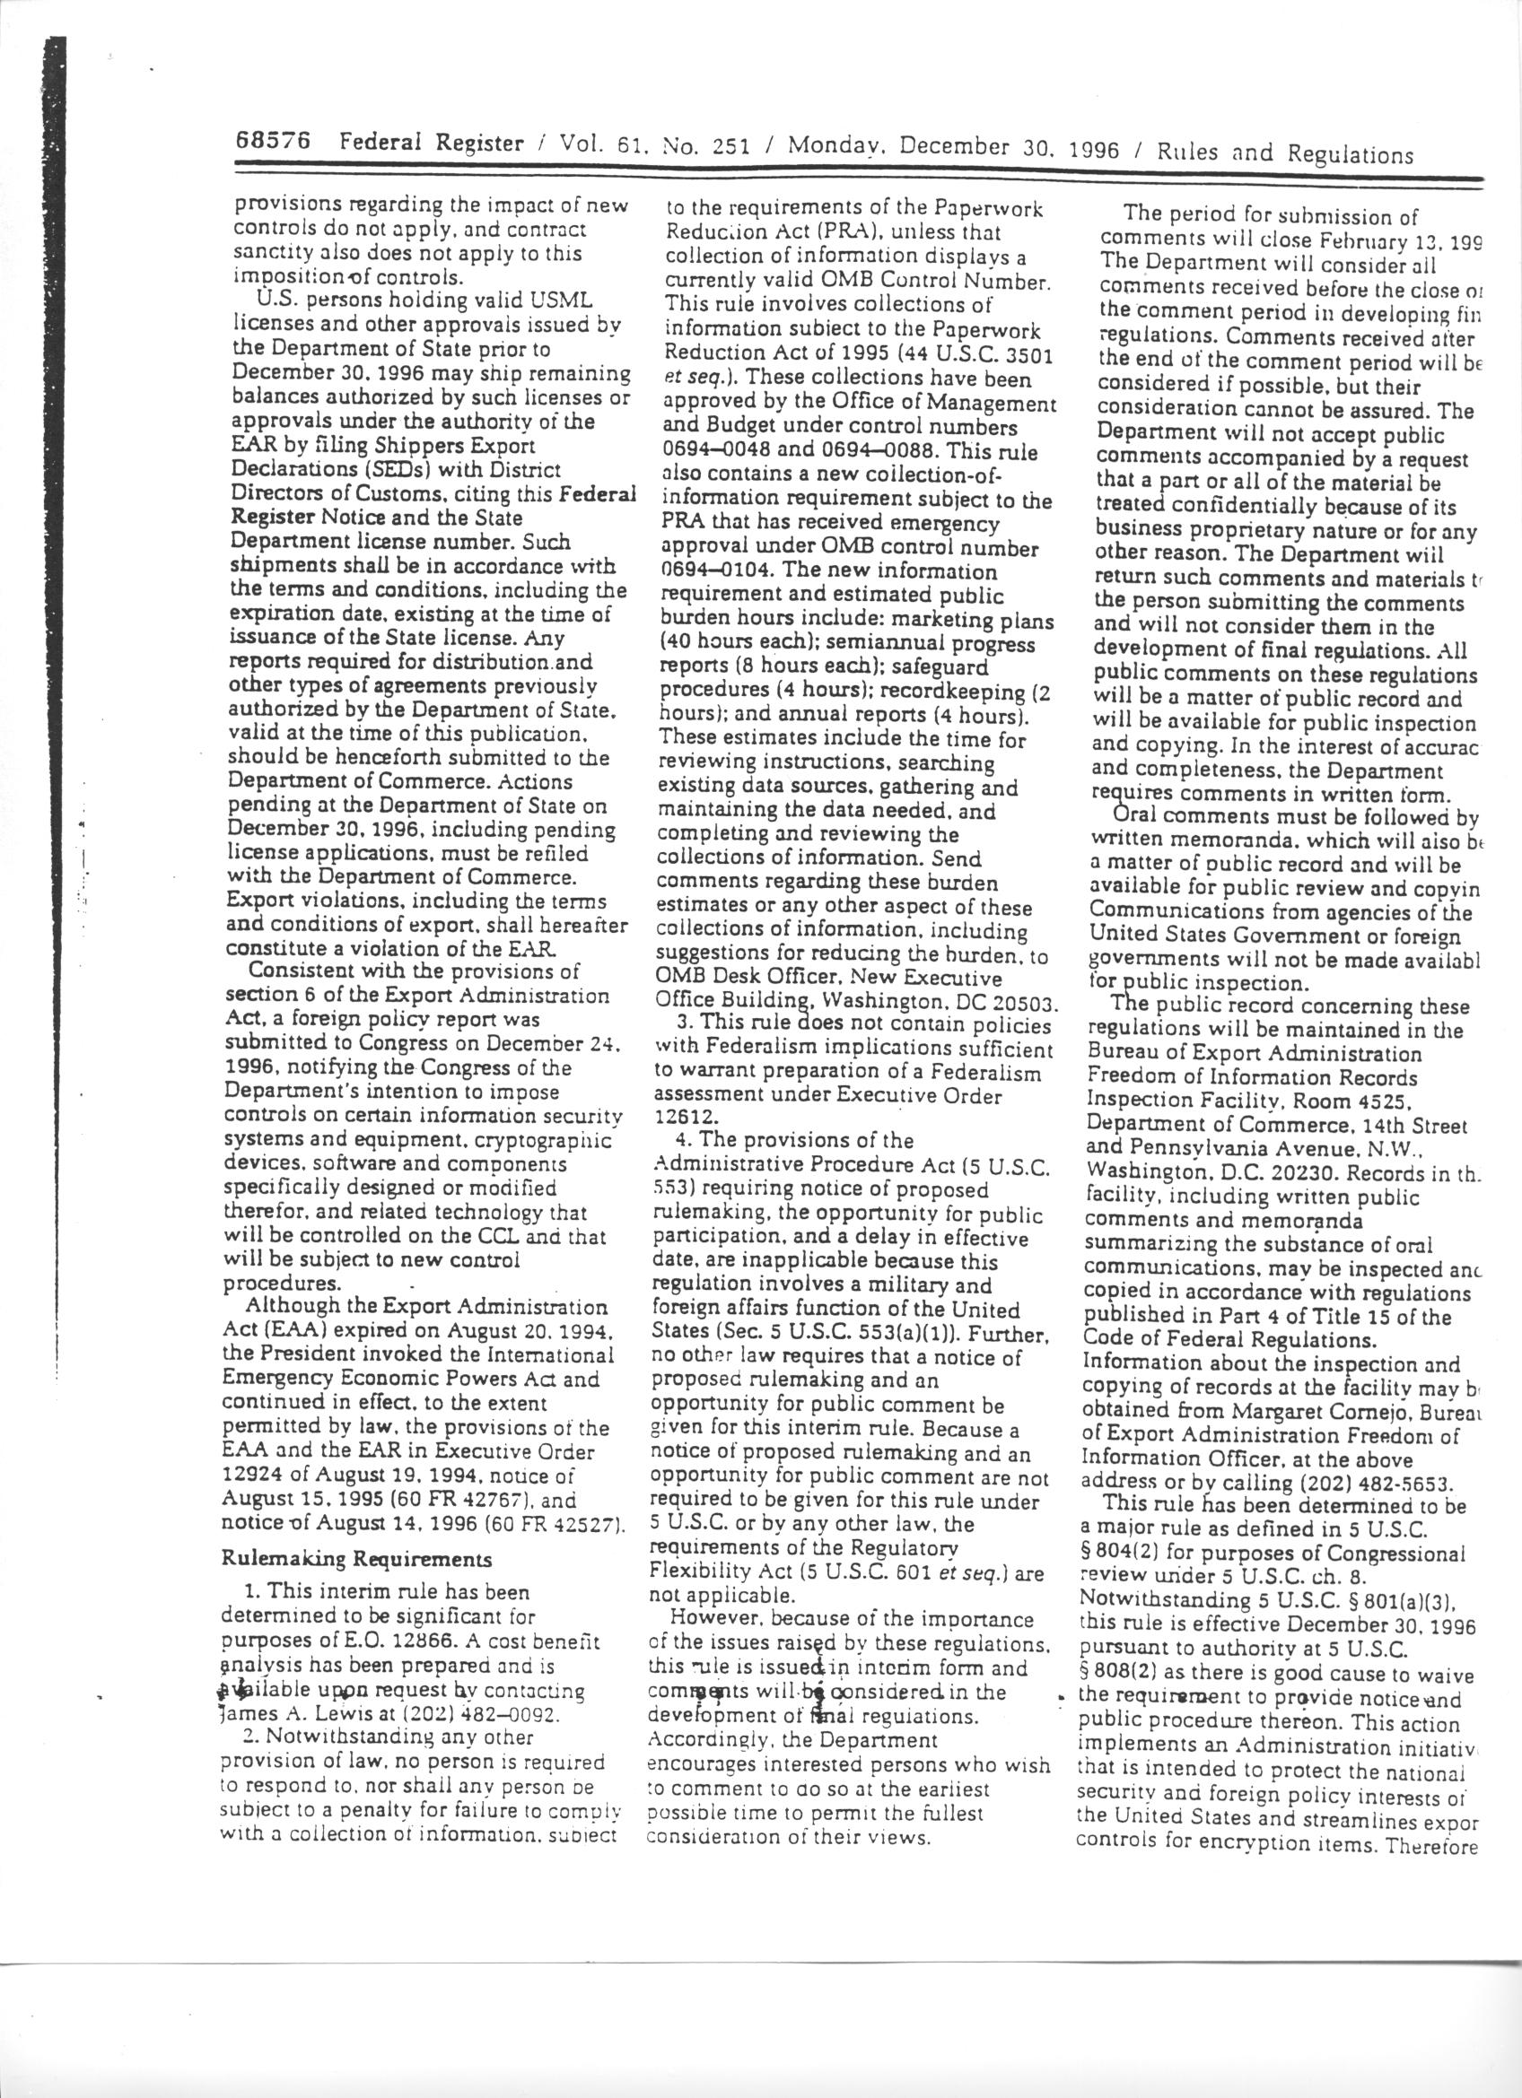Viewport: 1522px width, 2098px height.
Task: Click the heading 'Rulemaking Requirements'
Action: (356, 1559)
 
